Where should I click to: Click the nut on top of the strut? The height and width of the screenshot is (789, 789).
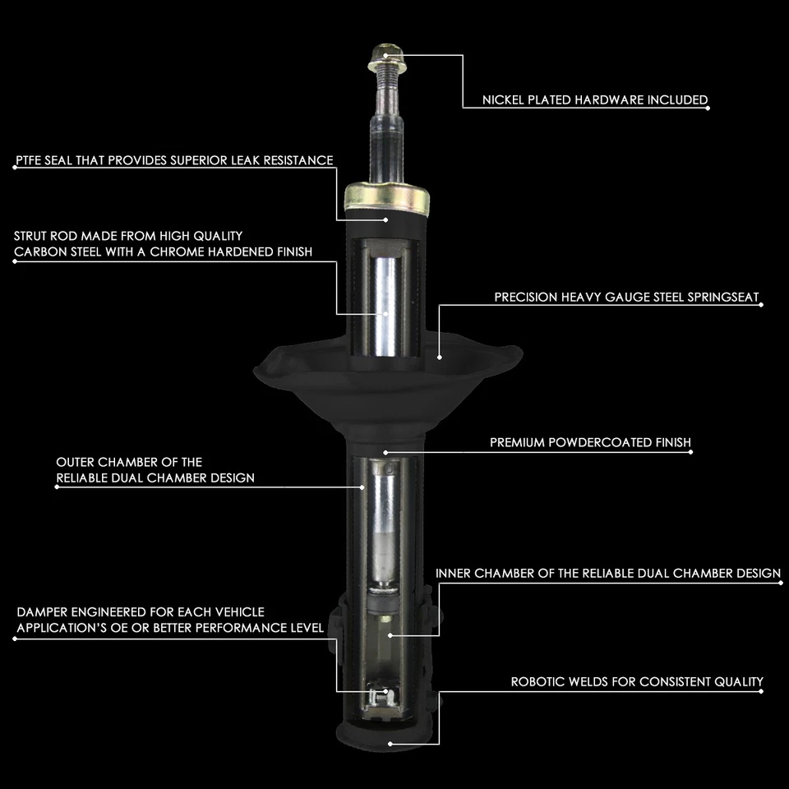click(385, 55)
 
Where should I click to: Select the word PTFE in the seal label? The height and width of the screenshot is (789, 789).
click(29, 160)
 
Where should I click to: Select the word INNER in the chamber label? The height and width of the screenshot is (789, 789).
click(453, 573)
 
